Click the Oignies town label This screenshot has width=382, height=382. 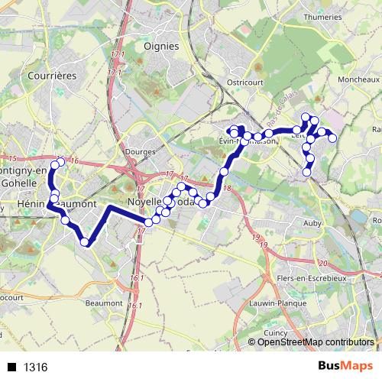(161, 46)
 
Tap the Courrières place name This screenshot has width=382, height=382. (49, 76)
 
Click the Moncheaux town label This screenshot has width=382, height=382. (358, 79)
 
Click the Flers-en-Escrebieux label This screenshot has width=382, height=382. (309, 278)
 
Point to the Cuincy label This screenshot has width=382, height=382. (274, 333)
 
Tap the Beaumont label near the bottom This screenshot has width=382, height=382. (105, 303)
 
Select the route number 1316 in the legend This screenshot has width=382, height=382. (35, 367)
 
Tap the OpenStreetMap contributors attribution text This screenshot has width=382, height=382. (315, 342)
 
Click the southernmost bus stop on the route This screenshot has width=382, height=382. (85, 243)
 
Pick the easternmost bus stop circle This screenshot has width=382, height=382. (332, 138)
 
